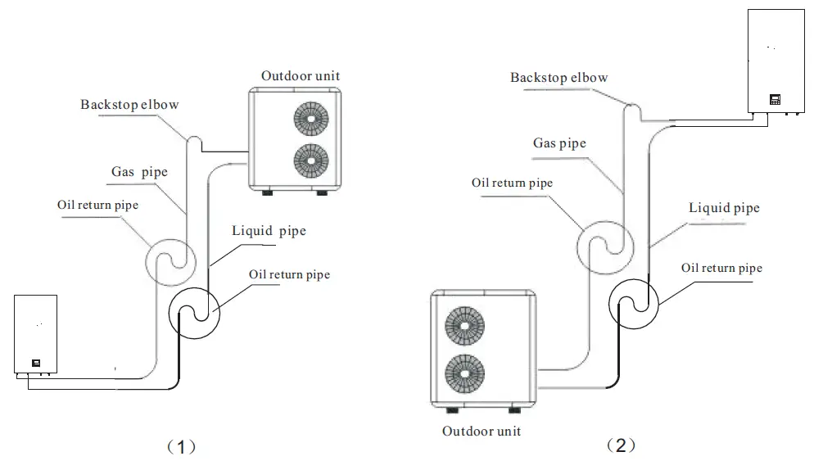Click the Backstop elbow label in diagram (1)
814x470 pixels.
click(x=129, y=105)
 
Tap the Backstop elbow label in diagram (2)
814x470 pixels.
click(x=558, y=78)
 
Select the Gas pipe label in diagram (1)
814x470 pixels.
click(x=139, y=172)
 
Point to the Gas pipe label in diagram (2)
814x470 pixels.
click(x=559, y=143)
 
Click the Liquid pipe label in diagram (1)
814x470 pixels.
click(x=269, y=231)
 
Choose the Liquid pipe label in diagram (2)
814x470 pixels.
click(x=723, y=208)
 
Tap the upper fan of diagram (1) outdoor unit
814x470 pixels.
click(x=310, y=119)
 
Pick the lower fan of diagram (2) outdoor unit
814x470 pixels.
click(x=464, y=374)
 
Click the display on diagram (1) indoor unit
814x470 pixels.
click(x=36, y=363)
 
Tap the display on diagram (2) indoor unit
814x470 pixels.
click(x=775, y=99)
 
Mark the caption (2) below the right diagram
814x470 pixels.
click(x=620, y=445)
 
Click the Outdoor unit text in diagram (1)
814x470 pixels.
click(x=301, y=76)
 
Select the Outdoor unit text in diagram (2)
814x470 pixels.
click(x=481, y=431)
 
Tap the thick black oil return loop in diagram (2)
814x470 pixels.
click(x=635, y=302)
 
